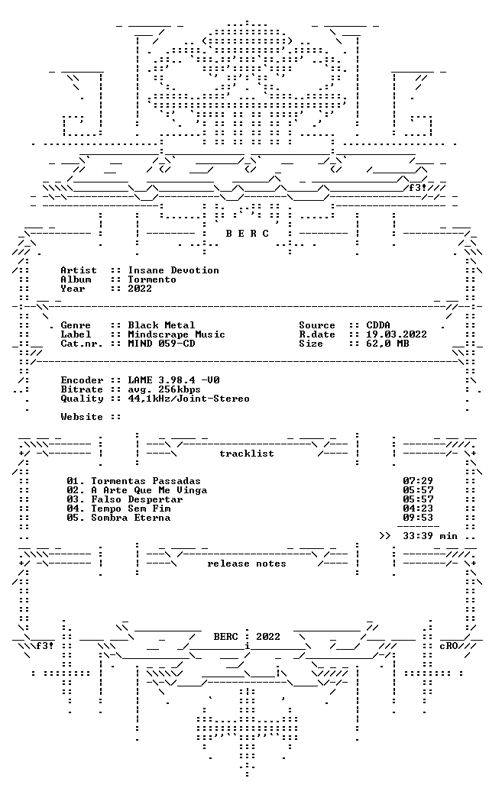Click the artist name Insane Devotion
[x=173, y=270]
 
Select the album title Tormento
[x=152, y=279]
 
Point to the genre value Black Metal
[x=161, y=325]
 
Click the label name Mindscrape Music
[x=176, y=334]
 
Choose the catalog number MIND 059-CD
[x=161, y=344]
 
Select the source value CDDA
[x=378, y=325]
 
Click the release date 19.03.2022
[x=397, y=334]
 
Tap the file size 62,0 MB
[x=387, y=344]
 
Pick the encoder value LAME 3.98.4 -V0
[x=173, y=380]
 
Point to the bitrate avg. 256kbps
[x=164, y=389]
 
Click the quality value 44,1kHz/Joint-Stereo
[x=189, y=399]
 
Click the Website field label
[x=79, y=417]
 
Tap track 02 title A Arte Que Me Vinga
[x=149, y=490]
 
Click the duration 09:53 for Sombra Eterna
[x=418, y=518]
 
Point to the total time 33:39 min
[x=430, y=536]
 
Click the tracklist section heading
[x=247, y=454]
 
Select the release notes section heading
[x=247, y=564]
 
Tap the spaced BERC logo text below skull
[x=248, y=234]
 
